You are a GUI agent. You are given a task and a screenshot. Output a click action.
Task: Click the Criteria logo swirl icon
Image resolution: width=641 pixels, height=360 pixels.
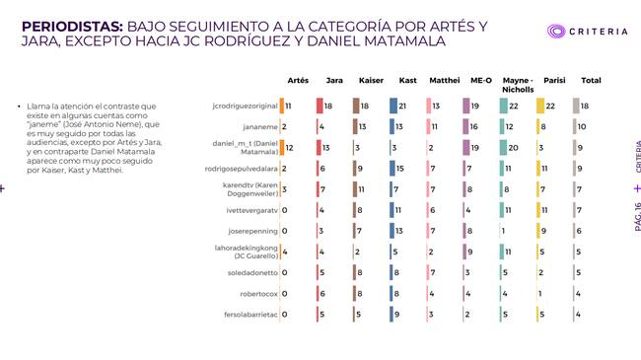click(x=556, y=32)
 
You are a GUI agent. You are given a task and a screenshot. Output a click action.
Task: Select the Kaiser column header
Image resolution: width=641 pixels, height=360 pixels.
click(x=371, y=80)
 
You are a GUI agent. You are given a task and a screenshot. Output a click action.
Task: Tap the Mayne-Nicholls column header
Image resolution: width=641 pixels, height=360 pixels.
click(x=518, y=85)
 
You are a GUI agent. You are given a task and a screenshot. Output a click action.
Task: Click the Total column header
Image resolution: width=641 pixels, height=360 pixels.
click(x=591, y=80)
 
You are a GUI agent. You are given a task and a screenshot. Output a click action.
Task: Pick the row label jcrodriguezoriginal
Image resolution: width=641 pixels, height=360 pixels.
click(x=245, y=106)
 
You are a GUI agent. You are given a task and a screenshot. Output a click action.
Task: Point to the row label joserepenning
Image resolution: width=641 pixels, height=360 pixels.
click(x=252, y=231)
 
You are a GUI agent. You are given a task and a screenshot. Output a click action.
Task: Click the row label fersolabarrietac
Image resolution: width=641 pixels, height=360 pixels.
click(x=250, y=315)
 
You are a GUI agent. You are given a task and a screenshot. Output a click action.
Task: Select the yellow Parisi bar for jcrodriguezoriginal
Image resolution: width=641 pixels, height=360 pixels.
click(x=540, y=106)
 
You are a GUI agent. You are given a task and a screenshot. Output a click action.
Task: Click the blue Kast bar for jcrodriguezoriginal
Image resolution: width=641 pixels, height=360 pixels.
click(x=393, y=106)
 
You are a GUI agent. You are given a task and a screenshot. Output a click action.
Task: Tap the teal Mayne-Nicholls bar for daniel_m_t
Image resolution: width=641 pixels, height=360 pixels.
click(x=503, y=148)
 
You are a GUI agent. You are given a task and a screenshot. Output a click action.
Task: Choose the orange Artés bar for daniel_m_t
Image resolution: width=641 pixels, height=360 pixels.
click(x=282, y=148)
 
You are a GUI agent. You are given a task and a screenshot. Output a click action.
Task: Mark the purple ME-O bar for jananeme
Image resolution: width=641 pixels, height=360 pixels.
click(x=465, y=127)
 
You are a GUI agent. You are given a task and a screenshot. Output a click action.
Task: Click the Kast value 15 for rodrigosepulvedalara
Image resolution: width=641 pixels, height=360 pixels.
click(x=399, y=169)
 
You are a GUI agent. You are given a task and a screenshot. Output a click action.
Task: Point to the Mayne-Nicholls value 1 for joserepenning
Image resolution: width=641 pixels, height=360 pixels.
click(x=503, y=231)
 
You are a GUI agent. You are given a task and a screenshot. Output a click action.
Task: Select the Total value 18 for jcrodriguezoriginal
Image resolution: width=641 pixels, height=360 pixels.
click(x=585, y=106)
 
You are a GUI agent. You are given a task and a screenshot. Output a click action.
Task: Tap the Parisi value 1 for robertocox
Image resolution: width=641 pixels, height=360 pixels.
click(x=540, y=294)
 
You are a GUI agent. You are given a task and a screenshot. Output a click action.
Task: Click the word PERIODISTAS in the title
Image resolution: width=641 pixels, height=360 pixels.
click(x=72, y=27)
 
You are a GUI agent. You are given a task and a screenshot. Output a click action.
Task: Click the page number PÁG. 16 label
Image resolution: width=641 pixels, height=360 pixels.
click(x=637, y=217)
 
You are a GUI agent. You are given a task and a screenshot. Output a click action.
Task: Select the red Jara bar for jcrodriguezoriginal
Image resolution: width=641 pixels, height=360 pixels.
click(x=320, y=106)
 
